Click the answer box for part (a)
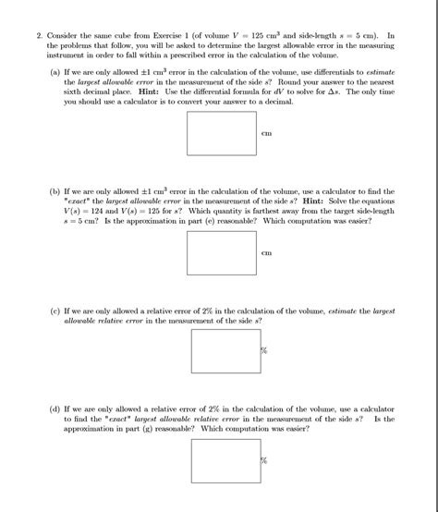pyautogui.click(x=222, y=132)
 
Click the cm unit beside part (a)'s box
pyautogui.click(x=267, y=134)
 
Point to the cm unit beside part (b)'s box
pyautogui.click(x=267, y=253)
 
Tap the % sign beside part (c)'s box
pyautogui.click(x=263, y=351)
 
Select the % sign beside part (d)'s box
pyautogui.click(x=263, y=461)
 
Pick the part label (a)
pyautogui.click(x=55, y=69)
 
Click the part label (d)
pyautogui.click(x=55, y=408)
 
